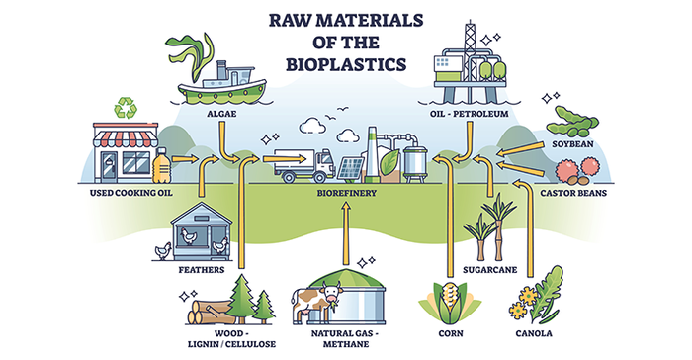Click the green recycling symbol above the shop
click(126, 108)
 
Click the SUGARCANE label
click(490, 268)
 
